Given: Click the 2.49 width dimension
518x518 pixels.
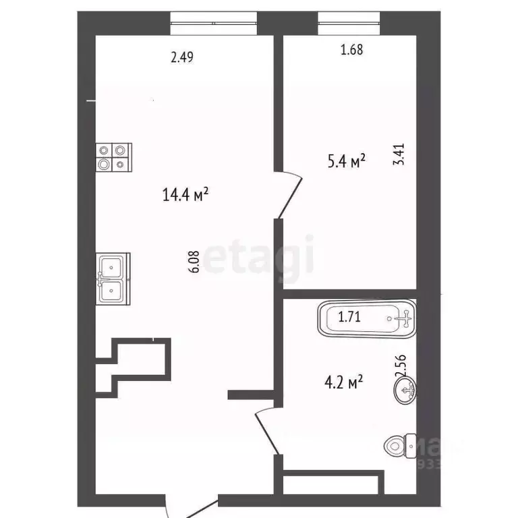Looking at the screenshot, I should [182, 58].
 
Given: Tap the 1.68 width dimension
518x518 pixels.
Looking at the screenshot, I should [352, 49].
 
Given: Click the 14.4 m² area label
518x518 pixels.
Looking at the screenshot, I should [185, 195].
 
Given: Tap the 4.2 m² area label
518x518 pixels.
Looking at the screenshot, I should [343, 383].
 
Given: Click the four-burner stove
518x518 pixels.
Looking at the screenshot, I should [113, 158].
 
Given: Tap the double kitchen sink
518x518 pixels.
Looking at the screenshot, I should [111, 279].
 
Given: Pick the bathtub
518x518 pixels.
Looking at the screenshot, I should [368, 318].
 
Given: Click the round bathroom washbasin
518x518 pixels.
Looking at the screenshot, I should [406, 388].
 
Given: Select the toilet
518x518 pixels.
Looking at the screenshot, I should [400, 446].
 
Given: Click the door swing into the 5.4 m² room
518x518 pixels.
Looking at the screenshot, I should [291, 196].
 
